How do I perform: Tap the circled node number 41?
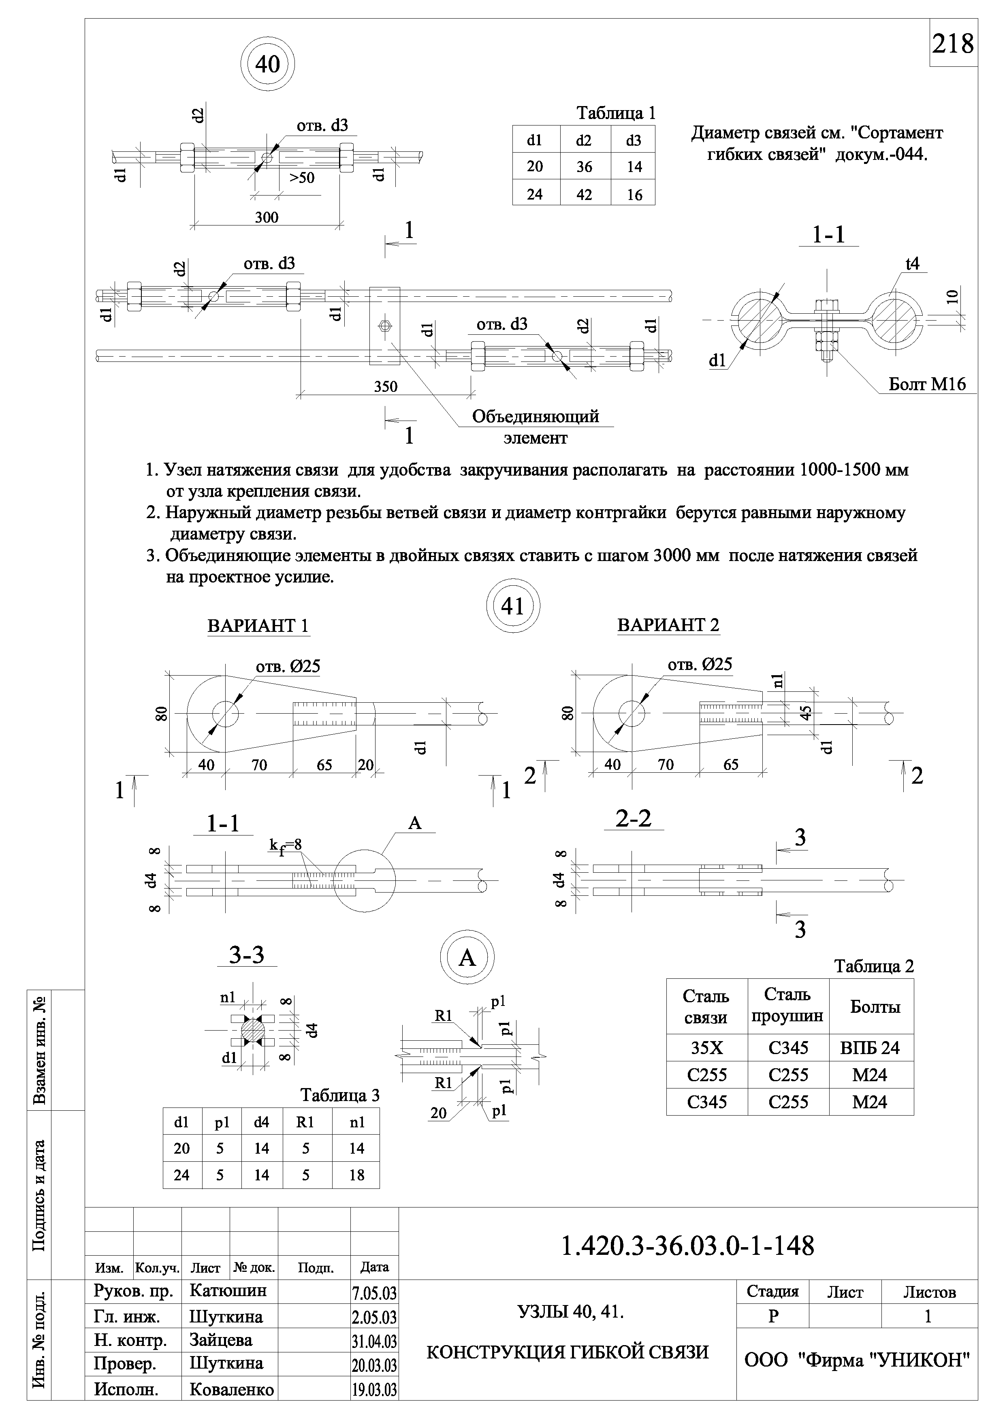click(513, 606)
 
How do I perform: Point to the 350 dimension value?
click(386, 387)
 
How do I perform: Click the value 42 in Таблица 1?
click(584, 194)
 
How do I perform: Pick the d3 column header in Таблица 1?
click(633, 140)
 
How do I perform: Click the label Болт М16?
click(926, 384)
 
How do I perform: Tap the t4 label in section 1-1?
click(913, 264)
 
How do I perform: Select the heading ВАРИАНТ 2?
click(668, 625)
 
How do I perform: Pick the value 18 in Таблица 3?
click(356, 1175)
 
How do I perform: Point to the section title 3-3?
click(247, 956)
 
